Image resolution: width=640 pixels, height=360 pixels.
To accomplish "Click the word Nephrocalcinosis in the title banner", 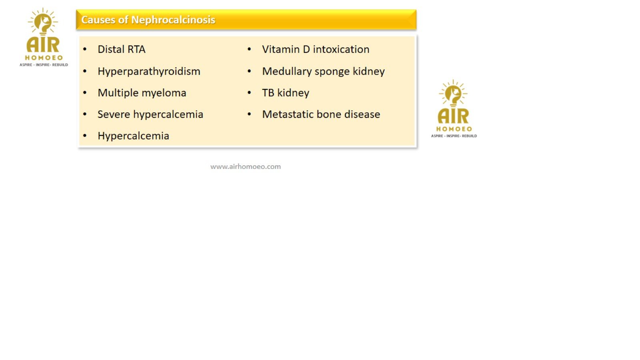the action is point(173,20).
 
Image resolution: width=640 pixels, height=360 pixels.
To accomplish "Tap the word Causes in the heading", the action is point(98,20).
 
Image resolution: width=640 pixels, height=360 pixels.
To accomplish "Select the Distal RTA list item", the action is point(122,49).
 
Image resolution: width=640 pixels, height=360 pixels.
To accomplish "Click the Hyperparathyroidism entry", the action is point(149,71).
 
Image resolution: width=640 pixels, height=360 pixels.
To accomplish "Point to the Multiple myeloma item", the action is point(142,93).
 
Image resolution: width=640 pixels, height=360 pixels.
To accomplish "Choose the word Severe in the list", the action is point(114,114).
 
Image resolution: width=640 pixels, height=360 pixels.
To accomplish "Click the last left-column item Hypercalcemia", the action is point(134,136).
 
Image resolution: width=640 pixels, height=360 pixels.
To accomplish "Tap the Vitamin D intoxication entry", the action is point(316,49).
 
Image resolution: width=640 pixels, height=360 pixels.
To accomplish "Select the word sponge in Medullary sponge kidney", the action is point(332,72).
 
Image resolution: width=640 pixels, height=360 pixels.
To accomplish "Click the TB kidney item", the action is point(286,93).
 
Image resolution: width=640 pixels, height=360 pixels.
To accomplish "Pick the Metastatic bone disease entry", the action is point(321,114).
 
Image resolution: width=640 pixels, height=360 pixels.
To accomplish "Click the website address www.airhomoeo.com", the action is point(246,166).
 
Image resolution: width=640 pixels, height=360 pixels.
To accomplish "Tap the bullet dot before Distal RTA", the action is point(85,49).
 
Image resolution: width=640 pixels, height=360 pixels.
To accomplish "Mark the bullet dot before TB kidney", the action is point(250,92).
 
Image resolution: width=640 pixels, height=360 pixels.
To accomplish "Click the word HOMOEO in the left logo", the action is point(44,58).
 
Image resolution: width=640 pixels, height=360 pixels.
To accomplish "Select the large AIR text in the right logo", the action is point(454,116).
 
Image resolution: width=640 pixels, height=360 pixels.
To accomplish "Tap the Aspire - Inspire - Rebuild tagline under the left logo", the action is point(44,65).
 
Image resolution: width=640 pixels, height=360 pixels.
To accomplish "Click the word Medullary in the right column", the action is point(287,72).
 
